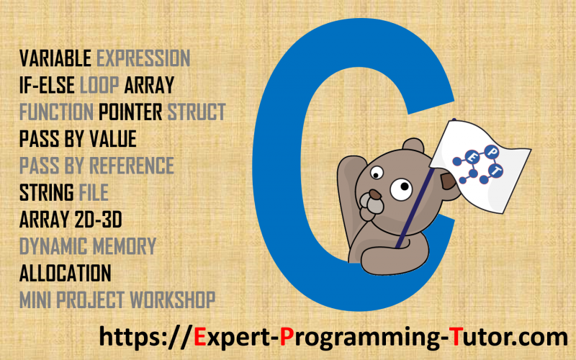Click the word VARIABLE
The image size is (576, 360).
click(55, 58)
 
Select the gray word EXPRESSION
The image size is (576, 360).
click(143, 58)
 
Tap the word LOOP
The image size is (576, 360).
click(99, 85)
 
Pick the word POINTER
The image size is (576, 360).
click(130, 112)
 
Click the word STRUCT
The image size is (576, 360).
click(197, 112)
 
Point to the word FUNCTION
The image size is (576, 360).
click(56, 112)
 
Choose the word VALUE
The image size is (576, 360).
click(113, 139)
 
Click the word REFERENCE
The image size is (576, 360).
click(132, 166)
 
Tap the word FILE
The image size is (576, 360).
click(94, 192)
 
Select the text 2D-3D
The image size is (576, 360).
click(98, 220)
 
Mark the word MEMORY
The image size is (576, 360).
click(125, 246)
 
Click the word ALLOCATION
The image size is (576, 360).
click(65, 273)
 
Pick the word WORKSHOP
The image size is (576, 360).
click(173, 300)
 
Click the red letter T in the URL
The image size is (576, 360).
click(456, 337)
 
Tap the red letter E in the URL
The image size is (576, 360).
click(200, 337)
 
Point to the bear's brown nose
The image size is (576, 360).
click(375, 194)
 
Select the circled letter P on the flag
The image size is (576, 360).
click(491, 151)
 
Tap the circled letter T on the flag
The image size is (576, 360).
click(495, 171)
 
